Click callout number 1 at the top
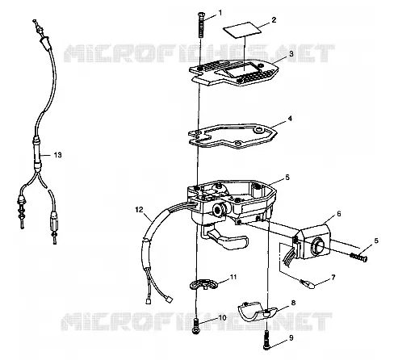[x=220, y=13]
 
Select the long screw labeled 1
[x=201, y=25]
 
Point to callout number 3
[x=291, y=53]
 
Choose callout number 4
[x=290, y=119]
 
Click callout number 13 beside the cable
[x=57, y=155]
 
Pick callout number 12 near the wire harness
[x=139, y=210]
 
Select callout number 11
[x=233, y=277]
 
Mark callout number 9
[x=291, y=338]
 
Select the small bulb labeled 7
[x=308, y=283]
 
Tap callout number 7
[x=333, y=277]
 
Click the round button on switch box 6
[x=316, y=245]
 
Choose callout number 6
[x=339, y=214]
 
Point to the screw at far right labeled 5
[x=358, y=257]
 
